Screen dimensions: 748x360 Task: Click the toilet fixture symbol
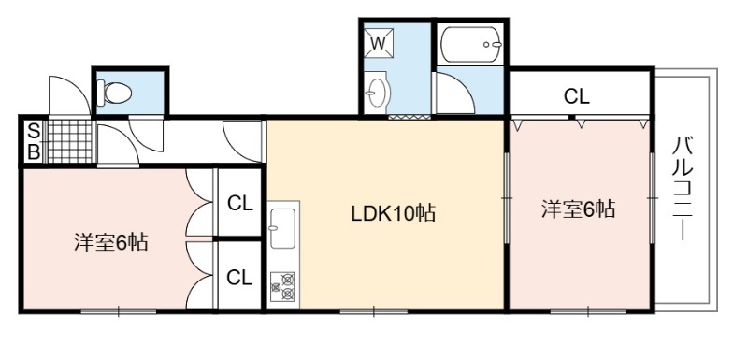114,93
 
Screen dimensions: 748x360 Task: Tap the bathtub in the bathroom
471,45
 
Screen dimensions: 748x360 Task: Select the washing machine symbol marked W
379,43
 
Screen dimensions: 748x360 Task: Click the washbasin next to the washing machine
378,93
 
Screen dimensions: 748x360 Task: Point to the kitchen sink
282,228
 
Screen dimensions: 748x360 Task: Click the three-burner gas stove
282,286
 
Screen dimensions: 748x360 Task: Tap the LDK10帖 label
393,213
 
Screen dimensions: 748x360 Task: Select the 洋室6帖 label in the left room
110,242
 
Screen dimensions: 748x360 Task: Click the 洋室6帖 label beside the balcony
578,209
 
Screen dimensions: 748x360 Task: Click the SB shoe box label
33,141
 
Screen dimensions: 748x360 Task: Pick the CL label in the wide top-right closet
577,97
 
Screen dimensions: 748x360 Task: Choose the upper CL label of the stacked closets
239,204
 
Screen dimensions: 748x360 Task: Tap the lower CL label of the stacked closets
239,277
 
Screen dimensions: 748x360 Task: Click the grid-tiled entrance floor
69,141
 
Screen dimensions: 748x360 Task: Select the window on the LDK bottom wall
374,311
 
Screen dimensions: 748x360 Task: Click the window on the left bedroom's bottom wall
119,311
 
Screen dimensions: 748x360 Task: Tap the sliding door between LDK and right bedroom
507,197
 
